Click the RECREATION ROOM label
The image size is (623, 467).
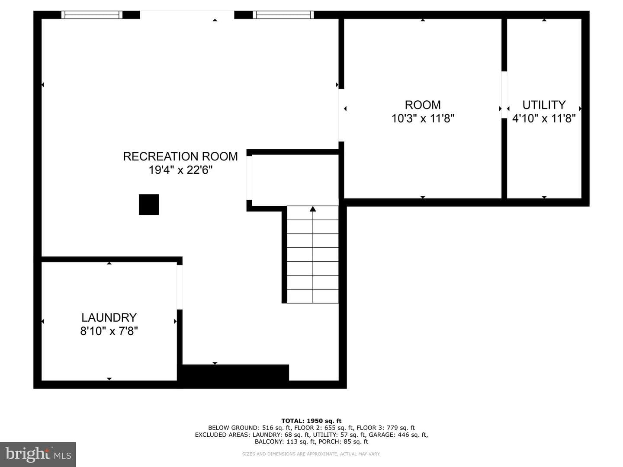(180, 157)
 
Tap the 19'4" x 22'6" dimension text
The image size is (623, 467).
(180, 170)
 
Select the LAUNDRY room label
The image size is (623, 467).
(109, 317)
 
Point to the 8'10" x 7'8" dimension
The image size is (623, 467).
(109, 331)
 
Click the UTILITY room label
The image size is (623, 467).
(544, 105)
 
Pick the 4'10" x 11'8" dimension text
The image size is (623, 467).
(544, 118)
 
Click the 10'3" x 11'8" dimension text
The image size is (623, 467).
(423, 118)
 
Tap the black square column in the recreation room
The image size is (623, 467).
(149, 205)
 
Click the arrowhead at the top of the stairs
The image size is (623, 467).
(313, 209)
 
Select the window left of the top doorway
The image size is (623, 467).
(92, 15)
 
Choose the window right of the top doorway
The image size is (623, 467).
(283, 15)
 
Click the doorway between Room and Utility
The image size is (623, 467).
(504, 95)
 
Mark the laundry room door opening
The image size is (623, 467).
(180, 287)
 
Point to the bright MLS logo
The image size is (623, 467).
(38, 454)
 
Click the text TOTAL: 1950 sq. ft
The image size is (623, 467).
(311, 421)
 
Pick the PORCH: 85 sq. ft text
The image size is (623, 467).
(344, 441)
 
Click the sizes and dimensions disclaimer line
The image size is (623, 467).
(311, 454)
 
